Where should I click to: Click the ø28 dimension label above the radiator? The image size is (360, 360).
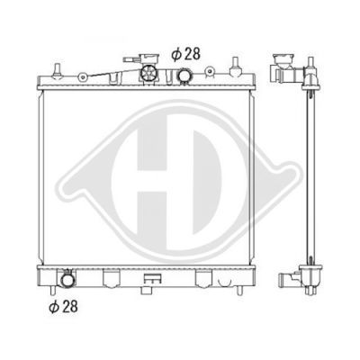[x=185, y=54]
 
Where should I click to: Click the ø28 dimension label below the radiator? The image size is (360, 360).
[x=63, y=307]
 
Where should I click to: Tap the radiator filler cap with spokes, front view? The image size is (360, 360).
[x=148, y=74]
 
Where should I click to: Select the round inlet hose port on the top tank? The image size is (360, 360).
[x=184, y=76]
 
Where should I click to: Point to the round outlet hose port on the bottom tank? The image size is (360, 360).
[x=67, y=280]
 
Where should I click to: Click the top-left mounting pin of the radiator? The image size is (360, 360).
[x=57, y=71]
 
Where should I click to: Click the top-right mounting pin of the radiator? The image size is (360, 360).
[x=236, y=67]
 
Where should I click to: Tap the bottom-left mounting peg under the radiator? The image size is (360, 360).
[x=53, y=290]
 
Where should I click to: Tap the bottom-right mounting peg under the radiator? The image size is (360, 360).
[x=239, y=291]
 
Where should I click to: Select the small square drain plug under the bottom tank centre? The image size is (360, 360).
[x=146, y=290]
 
